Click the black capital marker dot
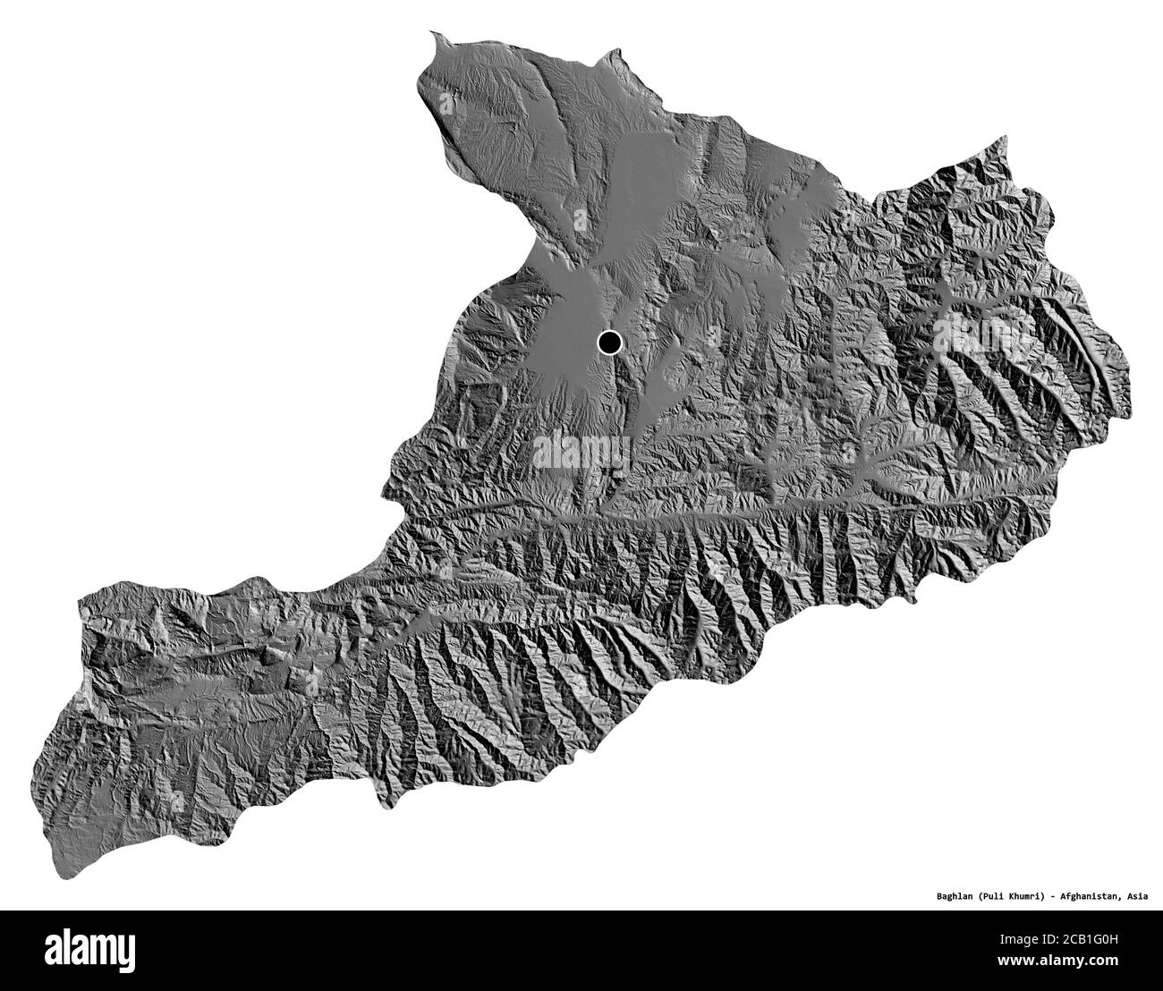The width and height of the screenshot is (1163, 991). coord(609,341)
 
